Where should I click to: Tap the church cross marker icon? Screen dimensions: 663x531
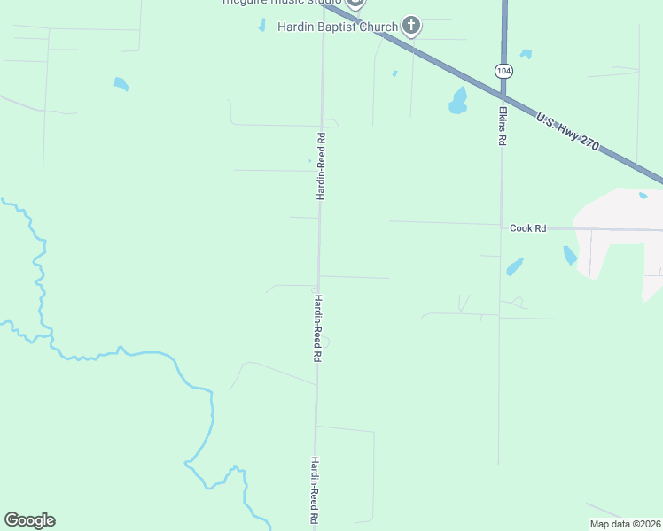[411, 26]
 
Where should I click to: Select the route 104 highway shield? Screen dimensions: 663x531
[503, 71]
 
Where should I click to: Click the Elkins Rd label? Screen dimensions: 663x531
[502, 127]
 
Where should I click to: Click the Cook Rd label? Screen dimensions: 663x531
[527, 227]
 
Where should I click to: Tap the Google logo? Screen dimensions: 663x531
[29, 520]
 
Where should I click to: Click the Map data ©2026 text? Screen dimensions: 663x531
[626, 524]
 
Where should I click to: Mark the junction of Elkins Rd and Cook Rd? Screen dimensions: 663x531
[501, 226]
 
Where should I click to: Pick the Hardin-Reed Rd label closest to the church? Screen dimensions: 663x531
[322, 165]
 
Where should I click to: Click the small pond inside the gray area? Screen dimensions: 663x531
[643, 196]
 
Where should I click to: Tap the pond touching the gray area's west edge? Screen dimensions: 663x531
[570, 256]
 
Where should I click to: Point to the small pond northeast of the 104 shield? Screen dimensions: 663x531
[526, 54]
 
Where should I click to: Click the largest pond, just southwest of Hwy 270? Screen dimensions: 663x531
[457, 102]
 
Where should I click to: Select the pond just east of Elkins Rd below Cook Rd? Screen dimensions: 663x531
[514, 265]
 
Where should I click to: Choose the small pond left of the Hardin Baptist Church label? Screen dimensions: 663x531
[261, 26]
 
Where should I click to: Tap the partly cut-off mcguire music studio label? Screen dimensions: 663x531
[281, 3]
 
